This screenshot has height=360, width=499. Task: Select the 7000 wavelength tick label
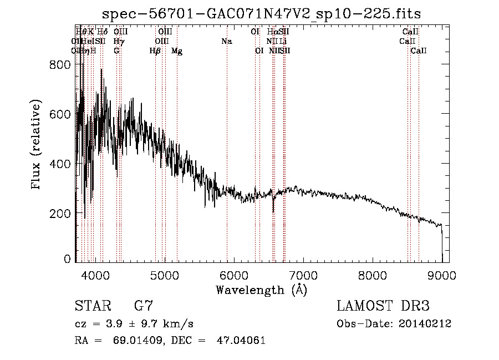point(303,275)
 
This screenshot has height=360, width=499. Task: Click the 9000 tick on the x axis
point(442,275)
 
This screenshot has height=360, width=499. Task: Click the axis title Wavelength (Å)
point(261,290)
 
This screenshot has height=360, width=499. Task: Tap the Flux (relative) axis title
point(37,145)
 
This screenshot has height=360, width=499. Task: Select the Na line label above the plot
point(226,41)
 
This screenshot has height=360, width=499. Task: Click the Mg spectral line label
point(177,51)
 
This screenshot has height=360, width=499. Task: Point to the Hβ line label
point(155,51)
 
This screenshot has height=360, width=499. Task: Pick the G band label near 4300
point(116,51)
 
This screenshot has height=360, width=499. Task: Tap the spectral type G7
point(144,306)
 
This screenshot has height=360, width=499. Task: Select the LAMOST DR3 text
point(383,306)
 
